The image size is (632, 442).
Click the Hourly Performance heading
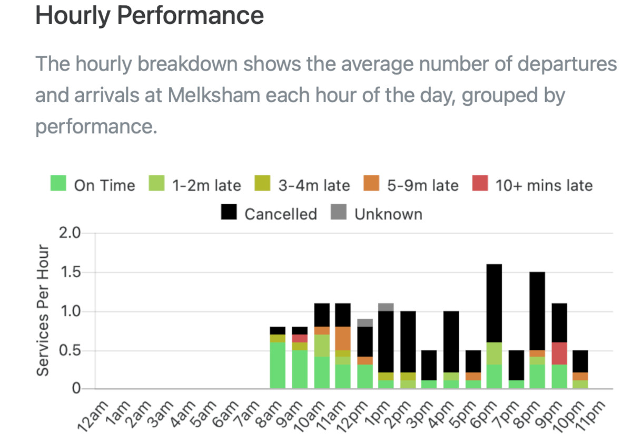pos(150,16)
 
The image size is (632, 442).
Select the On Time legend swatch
pos(58,185)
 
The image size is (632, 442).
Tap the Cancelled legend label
pos(280,214)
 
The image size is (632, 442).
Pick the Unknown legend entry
pos(388,214)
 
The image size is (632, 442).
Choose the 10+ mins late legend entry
pos(544,185)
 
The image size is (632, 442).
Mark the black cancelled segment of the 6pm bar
pos(494,303)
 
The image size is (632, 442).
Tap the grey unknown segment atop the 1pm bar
pos(386,307)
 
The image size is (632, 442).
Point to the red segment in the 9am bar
pos(300,338)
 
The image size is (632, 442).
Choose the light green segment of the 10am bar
pos(321,345)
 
